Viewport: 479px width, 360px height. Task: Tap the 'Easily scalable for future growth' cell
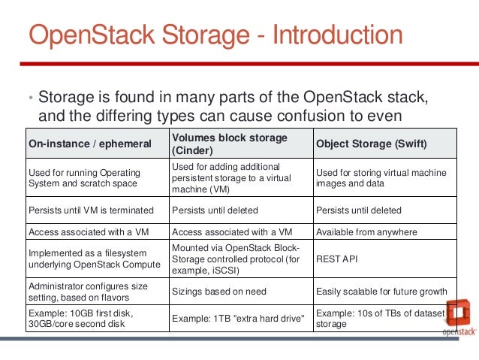[x=381, y=291]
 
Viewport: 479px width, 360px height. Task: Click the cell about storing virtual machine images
[x=381, y=178]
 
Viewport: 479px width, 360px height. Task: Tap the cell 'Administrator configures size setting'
[x=89, y=291]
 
